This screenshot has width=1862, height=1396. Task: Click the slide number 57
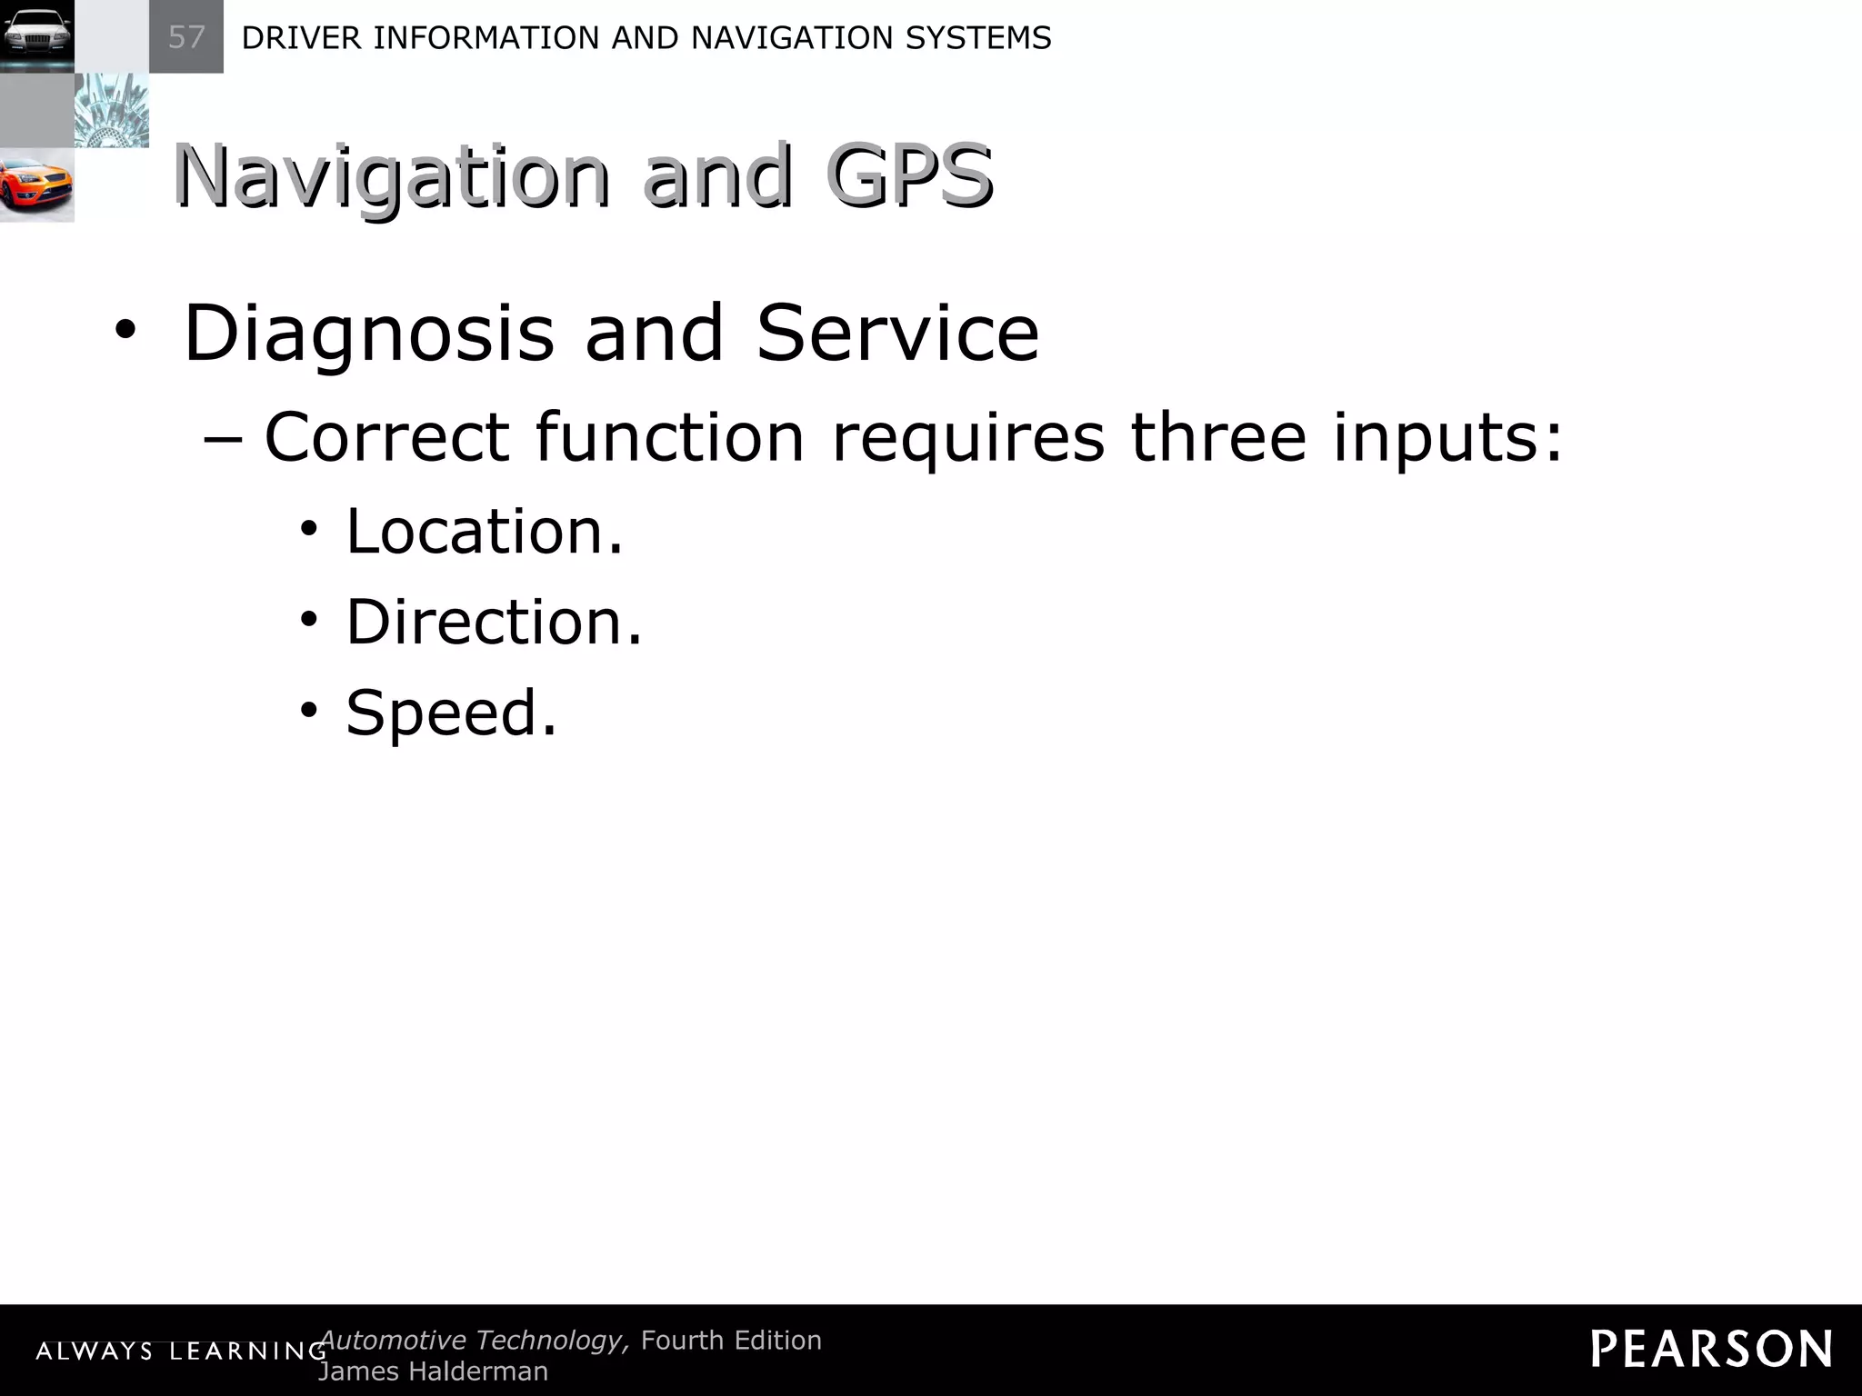click(x=186, y=37)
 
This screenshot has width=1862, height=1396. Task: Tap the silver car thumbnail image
click(x=36, y=36)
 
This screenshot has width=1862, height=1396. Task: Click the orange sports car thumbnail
click(x=36, y=185)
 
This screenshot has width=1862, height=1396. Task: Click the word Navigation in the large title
click(x=391, y=178)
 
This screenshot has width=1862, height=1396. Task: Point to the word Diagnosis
click(x=368, y=334)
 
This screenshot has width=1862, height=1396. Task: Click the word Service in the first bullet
click(x=897, y=333)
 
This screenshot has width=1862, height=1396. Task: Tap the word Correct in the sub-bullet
click(x=385, y=437)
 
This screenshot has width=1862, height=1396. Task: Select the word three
click(x=1218, y=437)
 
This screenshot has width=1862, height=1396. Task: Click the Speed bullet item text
click(x=451, y=713)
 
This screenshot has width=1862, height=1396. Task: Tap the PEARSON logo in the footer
click(x=1711, y=1349)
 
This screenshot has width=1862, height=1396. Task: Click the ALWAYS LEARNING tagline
click(x=181, y=1351)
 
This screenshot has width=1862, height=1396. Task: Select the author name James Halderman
click(x=433, y=1371)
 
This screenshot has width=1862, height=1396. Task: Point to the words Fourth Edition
click(x=731, y=1340)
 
